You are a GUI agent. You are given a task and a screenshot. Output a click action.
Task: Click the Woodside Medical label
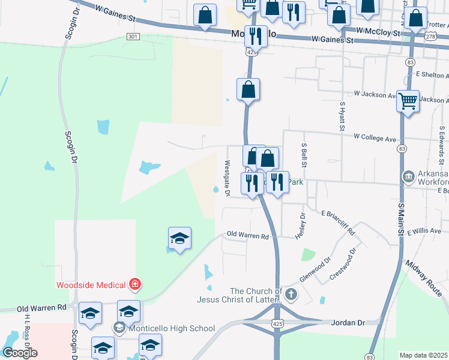[x=91, y=285]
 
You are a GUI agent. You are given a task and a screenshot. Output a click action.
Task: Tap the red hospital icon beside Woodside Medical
[x=136, y=284]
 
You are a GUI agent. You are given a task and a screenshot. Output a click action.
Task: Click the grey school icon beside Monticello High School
[x=119, y=328]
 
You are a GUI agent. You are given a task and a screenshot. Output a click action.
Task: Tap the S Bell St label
[x=304, y=155]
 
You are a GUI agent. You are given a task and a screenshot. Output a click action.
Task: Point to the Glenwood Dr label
[x=315, y=271]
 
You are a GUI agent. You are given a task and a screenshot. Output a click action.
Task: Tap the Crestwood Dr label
[x=346, y=260]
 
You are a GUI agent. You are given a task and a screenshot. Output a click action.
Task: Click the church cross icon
[x=291, y=294]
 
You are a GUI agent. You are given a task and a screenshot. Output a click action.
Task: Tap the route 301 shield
[x=133, y=37]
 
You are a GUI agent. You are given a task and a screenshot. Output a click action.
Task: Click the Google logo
[x=20, y=353]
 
